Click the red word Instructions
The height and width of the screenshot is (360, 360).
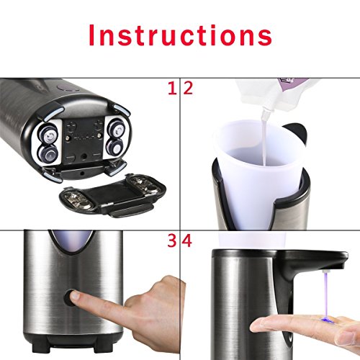coord(181,35)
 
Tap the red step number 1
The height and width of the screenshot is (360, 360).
coord(172,89)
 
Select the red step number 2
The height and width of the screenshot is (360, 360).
coord(188,89)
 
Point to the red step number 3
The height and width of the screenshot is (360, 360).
coord(172,240)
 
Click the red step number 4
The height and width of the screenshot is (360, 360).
coord(186,240)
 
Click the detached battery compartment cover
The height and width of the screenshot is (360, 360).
coord(112,193)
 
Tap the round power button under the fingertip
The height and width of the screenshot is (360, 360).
coord(69,297)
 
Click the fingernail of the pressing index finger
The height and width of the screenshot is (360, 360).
coord(76,294)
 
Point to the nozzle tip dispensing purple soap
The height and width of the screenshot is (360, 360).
coord(326,271)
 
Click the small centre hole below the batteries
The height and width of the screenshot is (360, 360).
coord(84,156)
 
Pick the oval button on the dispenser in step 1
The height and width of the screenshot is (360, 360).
coord(68,89)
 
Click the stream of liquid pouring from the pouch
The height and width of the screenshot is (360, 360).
coord(264,139)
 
